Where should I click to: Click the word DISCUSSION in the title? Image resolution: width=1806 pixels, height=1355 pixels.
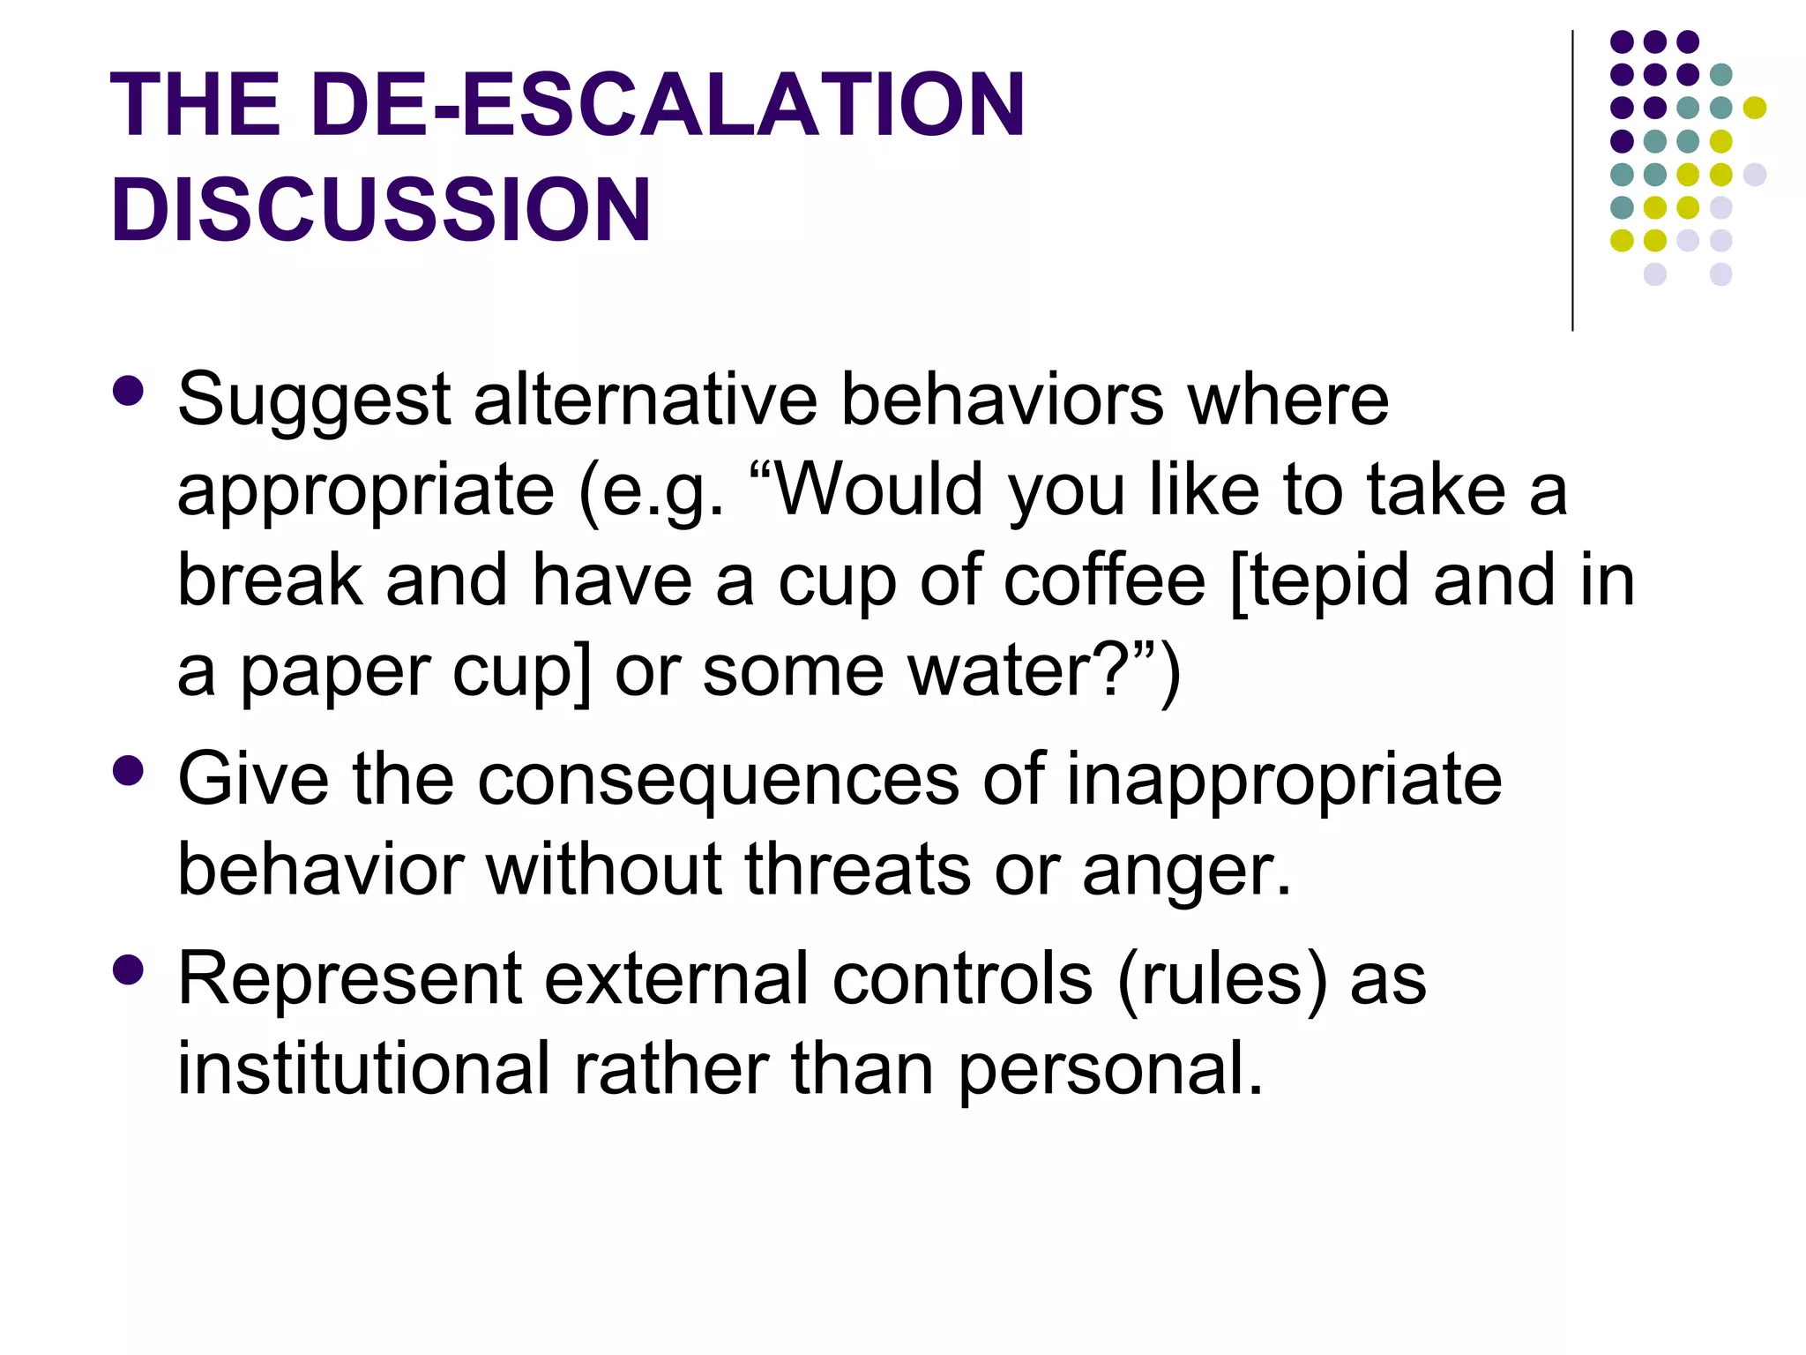tap(380, 210)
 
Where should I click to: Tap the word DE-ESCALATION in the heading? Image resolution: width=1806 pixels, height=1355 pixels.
tap(668, 105)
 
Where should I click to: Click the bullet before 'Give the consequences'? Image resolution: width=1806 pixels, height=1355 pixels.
tap(129, 771)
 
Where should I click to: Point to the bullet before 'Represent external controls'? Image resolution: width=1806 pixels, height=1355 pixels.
tap(129, 969)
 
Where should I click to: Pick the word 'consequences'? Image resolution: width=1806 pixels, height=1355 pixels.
tap(718, 781)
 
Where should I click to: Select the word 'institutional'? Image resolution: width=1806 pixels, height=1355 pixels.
tap(364, 1068)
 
